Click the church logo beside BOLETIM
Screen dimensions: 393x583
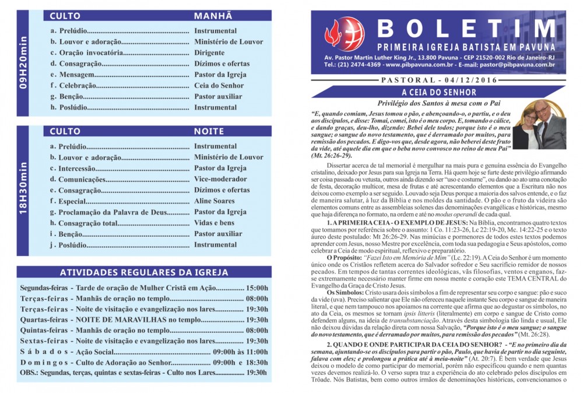344,34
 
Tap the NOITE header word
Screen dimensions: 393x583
209,132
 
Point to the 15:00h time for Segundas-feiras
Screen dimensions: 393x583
257,288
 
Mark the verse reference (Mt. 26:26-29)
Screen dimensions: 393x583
332,156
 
